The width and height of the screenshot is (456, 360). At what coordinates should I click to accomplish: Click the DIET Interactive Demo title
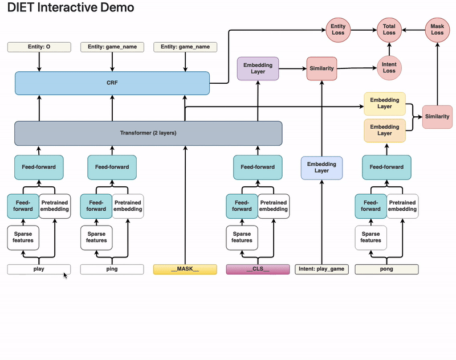coord(71,8)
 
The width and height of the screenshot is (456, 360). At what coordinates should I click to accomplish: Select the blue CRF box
coord(112,83)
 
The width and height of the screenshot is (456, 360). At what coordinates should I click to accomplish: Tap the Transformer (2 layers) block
coord(148,133)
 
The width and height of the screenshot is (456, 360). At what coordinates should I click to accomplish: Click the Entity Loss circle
coord(338,29)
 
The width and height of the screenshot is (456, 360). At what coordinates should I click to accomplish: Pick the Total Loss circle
coord(389,29)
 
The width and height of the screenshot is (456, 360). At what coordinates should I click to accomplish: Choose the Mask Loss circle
coord(437,29)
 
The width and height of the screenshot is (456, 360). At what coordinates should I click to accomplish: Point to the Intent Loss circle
coord(389,67)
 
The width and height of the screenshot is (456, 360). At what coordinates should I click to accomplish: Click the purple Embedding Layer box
coord(258,68)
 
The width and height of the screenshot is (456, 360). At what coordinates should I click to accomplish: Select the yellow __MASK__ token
coord(185,269)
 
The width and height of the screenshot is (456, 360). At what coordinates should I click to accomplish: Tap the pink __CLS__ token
coord(258,269)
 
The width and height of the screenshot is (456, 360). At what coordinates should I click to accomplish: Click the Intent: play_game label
coord(322,269)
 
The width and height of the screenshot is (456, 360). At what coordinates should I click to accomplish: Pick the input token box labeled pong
coord(386,269)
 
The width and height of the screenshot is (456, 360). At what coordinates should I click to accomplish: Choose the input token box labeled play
coord(39,269)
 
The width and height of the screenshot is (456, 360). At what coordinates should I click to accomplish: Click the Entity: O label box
coord(39,47)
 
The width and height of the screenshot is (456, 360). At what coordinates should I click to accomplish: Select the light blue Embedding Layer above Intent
coord(322,167)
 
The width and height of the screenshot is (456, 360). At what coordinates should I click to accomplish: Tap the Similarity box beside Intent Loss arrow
coord(322,68)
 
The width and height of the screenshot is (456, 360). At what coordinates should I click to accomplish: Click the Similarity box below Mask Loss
coord(437,116)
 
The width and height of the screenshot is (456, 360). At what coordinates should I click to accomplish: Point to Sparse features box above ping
coord(96,237)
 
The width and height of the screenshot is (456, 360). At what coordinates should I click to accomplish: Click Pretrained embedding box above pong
coord(402,206)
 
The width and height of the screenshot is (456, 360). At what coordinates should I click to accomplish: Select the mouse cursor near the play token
coord(65,276)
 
